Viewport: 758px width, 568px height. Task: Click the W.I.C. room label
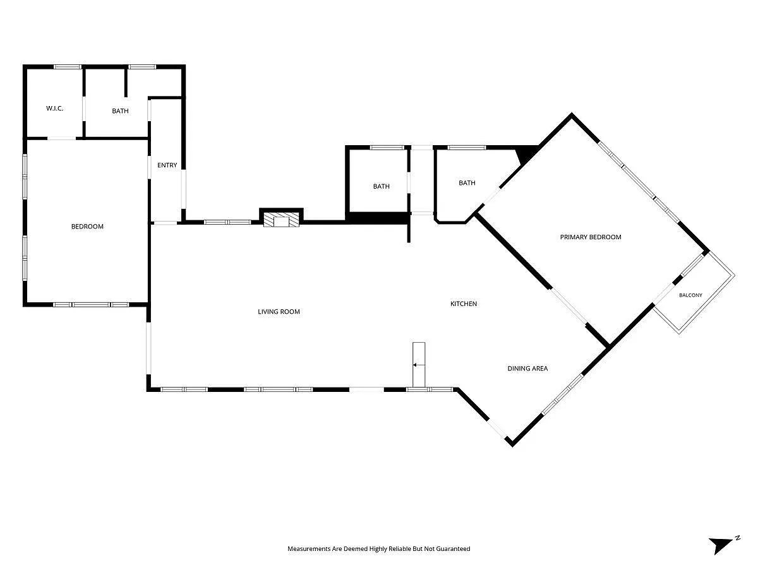pyautogui.click(x=54, y=109)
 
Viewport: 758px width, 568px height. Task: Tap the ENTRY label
pyautogui.click(x=167, y=165)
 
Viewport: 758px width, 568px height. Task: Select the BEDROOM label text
pyautogui.click(x=87, y=227)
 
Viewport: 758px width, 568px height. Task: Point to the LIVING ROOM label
pyautogui.click(x=279, y=312)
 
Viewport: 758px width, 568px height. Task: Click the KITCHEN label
pyautogui.click(x=464, y=304)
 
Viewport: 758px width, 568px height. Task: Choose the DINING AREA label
pyautogui.click(x=527, y=369)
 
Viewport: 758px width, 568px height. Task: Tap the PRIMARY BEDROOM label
pyautogui.click(x=591, y=237)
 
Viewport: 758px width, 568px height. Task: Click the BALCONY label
pyautogui.click(x=690, y=295)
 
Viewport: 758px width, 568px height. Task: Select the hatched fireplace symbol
pyautogui.click(x=281, y=220)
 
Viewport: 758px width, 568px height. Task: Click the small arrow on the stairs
pyautogui.click(x=419, y=365)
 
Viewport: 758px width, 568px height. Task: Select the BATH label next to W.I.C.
pyautogui.click(x=120, y=111)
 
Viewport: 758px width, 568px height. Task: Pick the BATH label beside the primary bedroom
pyautogui.click(x=467, y=183)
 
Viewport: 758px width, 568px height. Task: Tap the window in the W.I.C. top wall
pyautogui.click(x=68, y=67)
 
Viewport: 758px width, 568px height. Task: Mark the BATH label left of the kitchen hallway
pyautogui.click(x=382, y=187)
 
